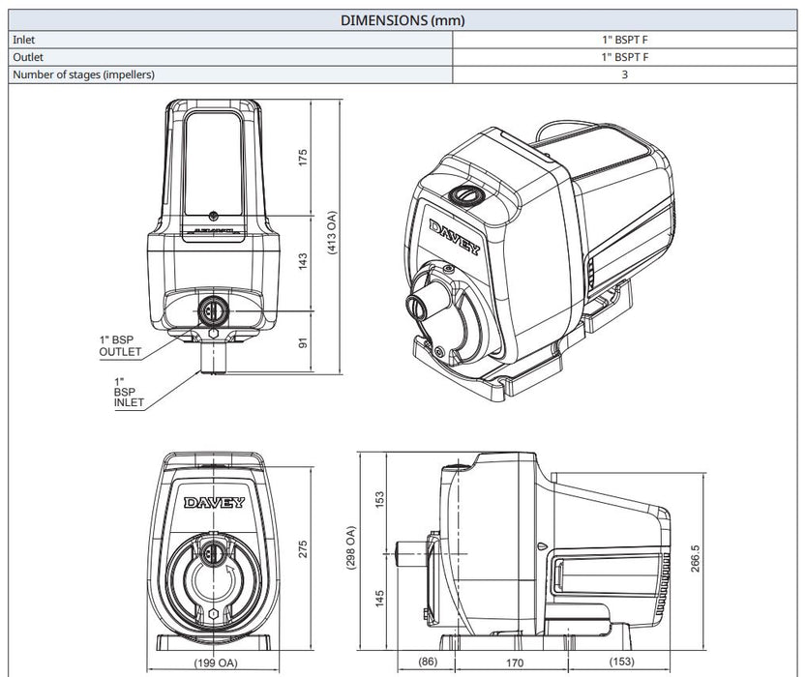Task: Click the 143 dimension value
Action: point(302,261)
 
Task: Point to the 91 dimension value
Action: point(302,341)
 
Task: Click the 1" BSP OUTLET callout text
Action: point(120,346)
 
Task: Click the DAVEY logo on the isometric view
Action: point(453,237)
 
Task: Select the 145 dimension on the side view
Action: point(380,600)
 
